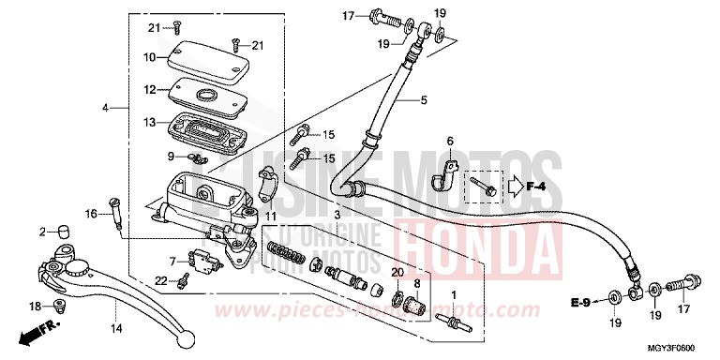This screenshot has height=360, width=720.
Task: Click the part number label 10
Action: [149, 58]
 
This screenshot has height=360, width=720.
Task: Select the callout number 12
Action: [149, 90]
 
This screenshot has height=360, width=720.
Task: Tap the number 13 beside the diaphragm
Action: [149, 123]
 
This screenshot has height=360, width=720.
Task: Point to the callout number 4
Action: [107, 109]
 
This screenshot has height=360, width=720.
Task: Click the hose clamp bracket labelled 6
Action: [453, 174]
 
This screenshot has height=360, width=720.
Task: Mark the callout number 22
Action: [161, 281]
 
